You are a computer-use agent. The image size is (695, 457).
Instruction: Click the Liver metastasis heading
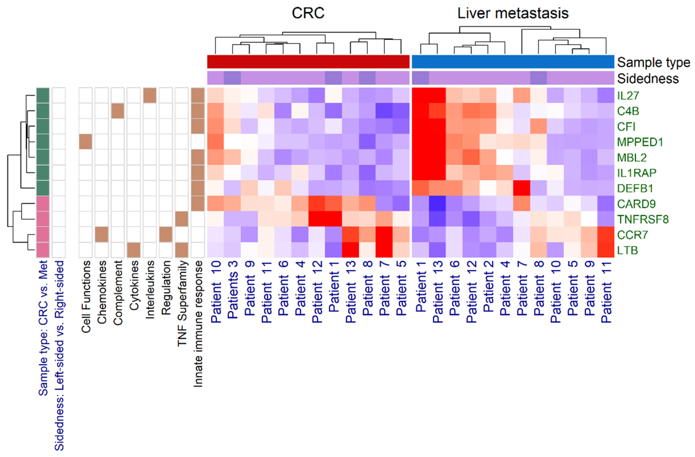coord(513,13)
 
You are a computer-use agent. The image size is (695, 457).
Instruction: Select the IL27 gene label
coord(628,96)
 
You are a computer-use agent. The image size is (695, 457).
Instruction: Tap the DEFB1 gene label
coord(635,189)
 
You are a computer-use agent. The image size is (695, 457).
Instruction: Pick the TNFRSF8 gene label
coord(642,219)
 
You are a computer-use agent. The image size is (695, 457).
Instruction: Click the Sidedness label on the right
coord(647,78)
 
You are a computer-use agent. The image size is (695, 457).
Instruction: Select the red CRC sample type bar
coord(308,62)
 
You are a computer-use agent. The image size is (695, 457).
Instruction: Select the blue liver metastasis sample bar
coord(513,62)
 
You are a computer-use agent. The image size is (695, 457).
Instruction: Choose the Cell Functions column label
coord(86,296)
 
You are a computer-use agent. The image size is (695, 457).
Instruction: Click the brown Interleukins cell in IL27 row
coord(149,96)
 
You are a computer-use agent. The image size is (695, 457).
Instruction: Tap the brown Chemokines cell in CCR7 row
coord(102,234)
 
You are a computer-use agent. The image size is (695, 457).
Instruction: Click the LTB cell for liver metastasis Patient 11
coord(606,250)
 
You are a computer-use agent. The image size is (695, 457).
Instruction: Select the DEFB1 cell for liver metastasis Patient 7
coord(522,188)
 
